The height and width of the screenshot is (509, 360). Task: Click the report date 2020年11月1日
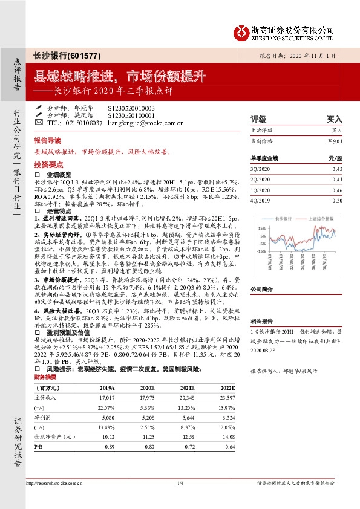pos(318,55)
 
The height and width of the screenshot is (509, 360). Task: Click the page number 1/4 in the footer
pos(180,483)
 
